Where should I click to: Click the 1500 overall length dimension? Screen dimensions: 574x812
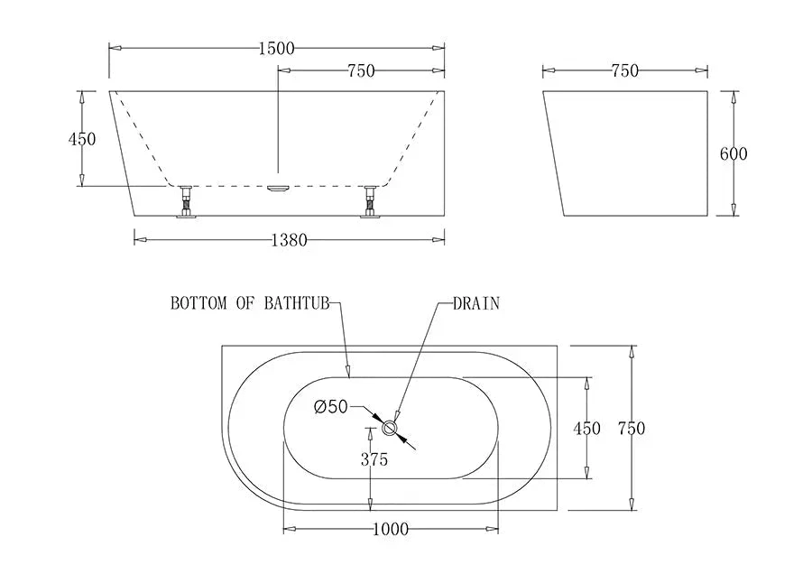[276, 49]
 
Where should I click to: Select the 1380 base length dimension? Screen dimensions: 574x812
[289, 240]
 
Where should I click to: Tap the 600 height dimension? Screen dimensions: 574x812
[734, 153]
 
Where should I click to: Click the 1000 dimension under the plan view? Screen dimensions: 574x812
[390, 529]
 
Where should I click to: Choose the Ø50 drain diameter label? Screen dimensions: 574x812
[331, 407]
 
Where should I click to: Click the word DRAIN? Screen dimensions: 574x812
[476, 304]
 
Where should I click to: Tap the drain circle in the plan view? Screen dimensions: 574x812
[392, 427]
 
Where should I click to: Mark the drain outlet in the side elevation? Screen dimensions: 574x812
[278, 188]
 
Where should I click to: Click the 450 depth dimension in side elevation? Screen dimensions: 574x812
[82, 139]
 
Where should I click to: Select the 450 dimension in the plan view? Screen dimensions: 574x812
[586, 429]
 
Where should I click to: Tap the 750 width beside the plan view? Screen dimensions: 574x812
[632, 429]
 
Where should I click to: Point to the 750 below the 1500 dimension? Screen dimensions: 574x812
[360, 71]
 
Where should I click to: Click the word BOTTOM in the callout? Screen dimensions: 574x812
[198, 304]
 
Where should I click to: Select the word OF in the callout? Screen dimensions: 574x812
[245, 304]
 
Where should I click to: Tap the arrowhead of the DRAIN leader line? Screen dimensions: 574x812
[398, 415]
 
